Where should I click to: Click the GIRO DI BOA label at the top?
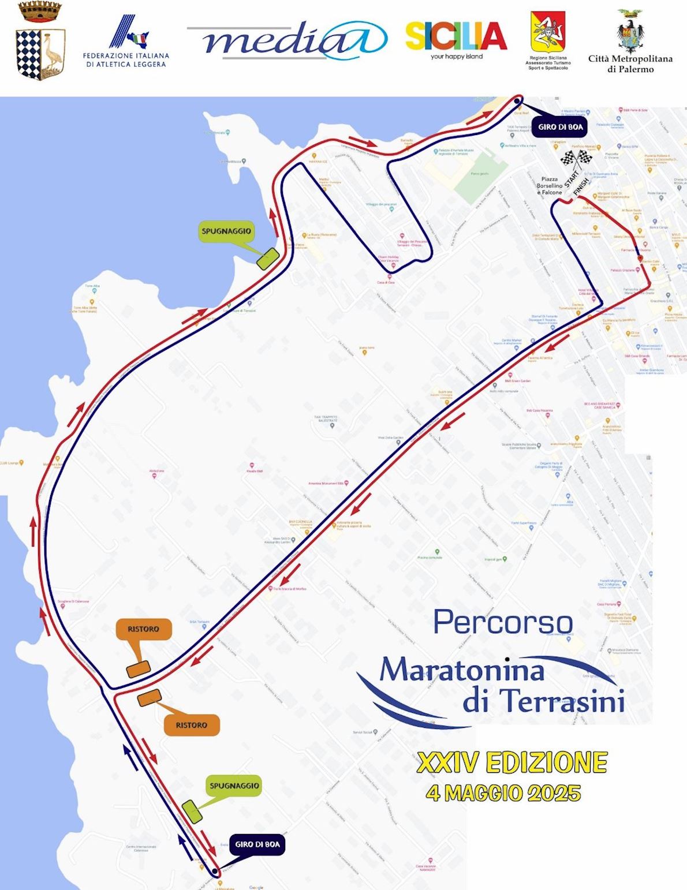click(x=560, y=127)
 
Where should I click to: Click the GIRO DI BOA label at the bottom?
click(x=257, y=844)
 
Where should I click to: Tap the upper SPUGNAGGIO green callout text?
click(x=226, y=231)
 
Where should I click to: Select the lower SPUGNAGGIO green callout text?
click(x=234, y=786)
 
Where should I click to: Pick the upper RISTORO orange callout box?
click(x=143, y=629)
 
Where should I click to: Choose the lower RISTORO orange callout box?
click(x=192, y=725)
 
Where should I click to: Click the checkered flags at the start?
click(x=577, y=158)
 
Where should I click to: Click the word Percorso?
click(x=503, y=622)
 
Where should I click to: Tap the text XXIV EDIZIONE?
click(x=511, y=762)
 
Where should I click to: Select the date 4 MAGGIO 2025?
click(x=503, y=792)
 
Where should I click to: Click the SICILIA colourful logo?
click(x=456, y=37)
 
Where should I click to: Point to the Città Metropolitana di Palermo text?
click(x=630, y=63)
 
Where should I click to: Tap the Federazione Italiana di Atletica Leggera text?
click(x=126, y=60)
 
